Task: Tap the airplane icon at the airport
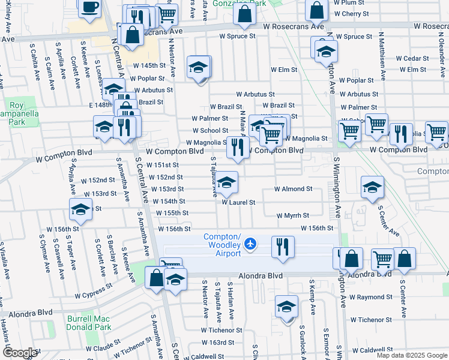(250, 244)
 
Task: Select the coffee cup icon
(90, 8)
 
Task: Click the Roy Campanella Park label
(16, 112)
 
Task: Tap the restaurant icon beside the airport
(283, 246)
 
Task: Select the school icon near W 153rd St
(226, 182)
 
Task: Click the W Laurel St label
(239, 202)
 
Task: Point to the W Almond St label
(293, 188)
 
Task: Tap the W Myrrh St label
(293, 215)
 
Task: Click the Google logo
(20, 353)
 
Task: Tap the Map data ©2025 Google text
(412, 355)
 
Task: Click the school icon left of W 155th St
(80, 210)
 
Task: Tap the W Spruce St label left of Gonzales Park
(237, 36)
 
